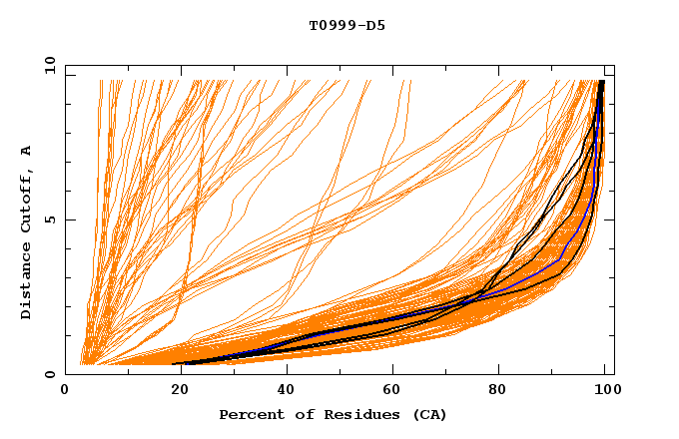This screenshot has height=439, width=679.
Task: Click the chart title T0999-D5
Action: [346, 26]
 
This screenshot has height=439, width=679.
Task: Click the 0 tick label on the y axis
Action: [50, 374]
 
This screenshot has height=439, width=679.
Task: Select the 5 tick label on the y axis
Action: [50, 219]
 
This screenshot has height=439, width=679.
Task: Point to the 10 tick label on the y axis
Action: [47, 65]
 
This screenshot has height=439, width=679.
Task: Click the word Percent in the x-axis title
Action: [250, 415]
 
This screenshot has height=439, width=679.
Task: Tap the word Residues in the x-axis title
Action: [352, 415]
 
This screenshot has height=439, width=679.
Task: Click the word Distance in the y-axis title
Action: [27, 282]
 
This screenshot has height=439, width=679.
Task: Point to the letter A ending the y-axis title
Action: [27, 151]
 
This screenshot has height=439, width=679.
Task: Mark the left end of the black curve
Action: [174, 363]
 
